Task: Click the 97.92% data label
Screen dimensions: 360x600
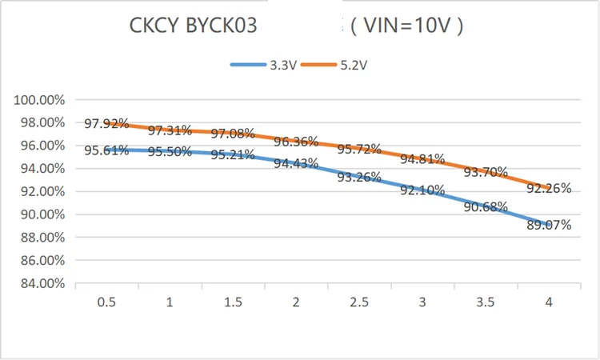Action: point(106,124)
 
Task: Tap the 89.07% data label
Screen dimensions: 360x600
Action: point(549,225)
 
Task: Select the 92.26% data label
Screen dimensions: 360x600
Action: point(549,189)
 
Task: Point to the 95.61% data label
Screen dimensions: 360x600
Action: point(106,150)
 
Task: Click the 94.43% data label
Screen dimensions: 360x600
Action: point(297,164)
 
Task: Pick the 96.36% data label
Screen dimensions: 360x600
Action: point(297,142)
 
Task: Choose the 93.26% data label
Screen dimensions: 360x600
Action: point(359,177)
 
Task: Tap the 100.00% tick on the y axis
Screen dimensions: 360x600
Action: point(38,100)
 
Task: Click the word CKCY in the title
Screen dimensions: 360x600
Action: point(156,26)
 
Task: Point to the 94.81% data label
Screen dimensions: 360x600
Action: point(422,158)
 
